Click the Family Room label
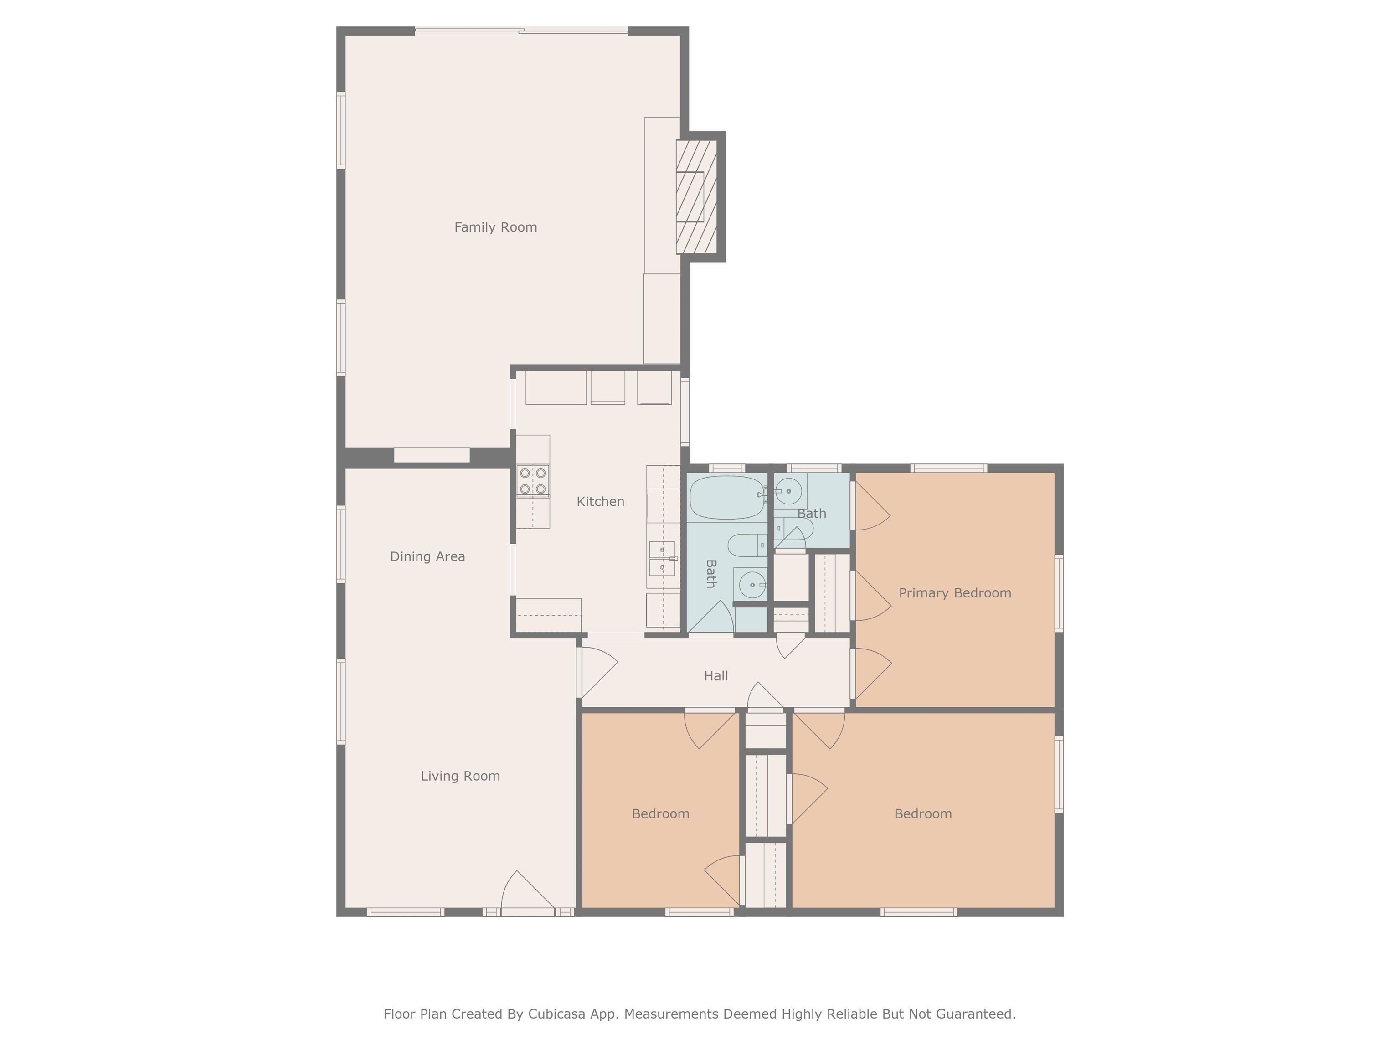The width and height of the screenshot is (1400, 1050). [495, 227]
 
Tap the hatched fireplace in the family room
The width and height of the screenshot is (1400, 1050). [696, 197]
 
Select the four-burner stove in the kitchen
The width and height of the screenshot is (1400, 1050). [532, 481]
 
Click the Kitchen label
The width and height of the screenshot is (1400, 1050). [600, 502]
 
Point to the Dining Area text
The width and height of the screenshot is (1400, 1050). [427, 557]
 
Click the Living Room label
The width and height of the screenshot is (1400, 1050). [460, 776]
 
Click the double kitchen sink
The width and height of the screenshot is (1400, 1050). [662, 559]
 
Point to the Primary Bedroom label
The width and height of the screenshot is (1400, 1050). [954, 593]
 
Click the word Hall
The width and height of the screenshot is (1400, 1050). [716, 676]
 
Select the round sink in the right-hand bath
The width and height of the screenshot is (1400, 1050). [788, 491]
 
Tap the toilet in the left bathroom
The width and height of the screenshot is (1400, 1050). [747, 545]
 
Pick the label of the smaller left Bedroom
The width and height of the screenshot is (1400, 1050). [660, 814]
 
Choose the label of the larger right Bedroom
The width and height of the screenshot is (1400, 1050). [922, 814]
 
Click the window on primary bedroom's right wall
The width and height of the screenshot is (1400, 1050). [1059, 593]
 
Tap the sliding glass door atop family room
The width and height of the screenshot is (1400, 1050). [521, 31]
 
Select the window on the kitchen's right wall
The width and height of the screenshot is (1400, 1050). [684, 412]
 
